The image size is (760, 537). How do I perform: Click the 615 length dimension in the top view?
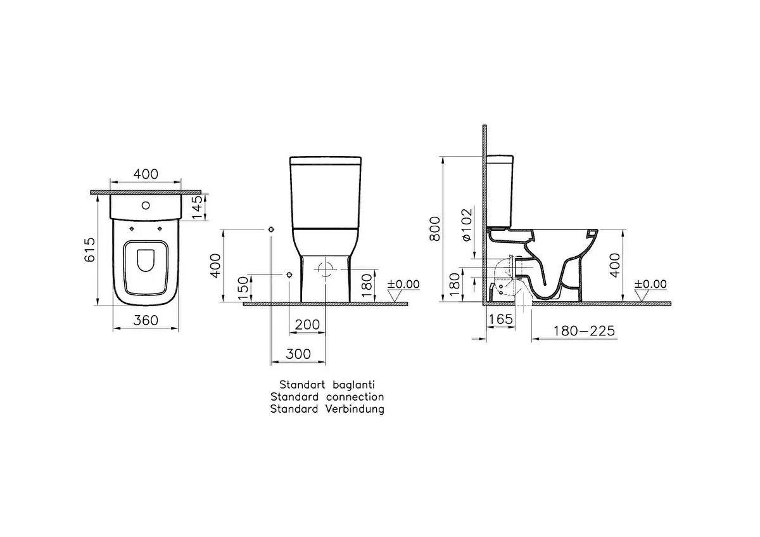89,250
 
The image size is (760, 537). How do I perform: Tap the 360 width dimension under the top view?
146,321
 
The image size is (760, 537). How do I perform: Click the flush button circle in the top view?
146,205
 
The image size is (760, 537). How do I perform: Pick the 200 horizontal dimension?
308,325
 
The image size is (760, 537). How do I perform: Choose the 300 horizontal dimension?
298,354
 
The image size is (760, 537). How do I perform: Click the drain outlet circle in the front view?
326,268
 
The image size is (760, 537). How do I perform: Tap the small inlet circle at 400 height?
271,228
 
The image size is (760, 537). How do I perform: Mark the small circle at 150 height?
289,275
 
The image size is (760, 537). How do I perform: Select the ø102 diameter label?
465,224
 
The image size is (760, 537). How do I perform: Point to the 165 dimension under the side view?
501,320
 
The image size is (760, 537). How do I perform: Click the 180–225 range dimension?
583,331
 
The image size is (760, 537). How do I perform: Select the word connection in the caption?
355,397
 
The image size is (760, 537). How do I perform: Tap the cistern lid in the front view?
326,160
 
